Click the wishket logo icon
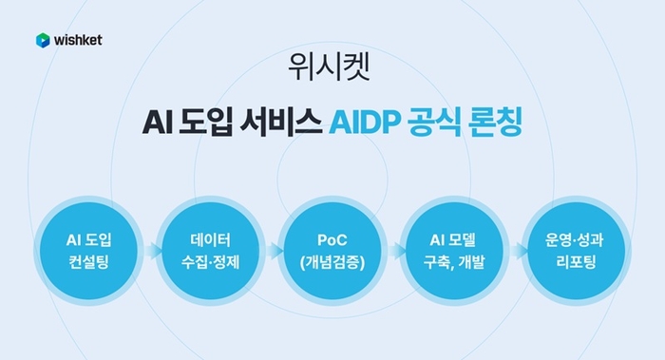(43, 40)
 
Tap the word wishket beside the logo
(77, 40)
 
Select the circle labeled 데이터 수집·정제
(209, 249)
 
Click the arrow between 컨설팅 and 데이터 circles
(150, 251)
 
